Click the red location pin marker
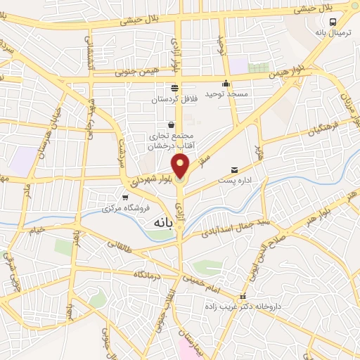181,166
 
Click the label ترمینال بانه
330,33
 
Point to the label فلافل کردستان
174,99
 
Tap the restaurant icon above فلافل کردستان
174,89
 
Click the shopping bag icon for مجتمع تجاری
171,124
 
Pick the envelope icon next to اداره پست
234,170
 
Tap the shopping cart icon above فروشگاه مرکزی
125,198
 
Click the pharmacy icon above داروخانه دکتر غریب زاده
243,296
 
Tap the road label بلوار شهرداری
152,176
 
